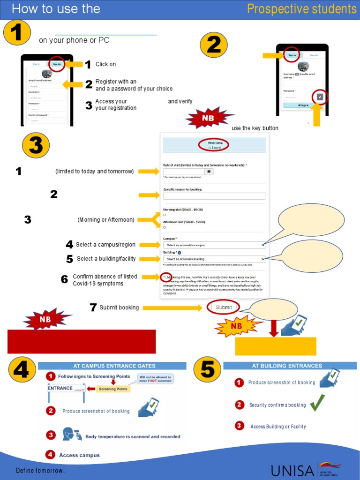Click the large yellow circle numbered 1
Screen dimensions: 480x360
(x=17, y=34)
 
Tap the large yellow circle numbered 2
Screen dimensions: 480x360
(x=214, y=46)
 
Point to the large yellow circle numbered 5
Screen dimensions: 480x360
(x=208, y=370)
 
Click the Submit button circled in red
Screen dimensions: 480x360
(x=224, y=307)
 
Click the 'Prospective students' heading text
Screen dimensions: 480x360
(x=301, y=9)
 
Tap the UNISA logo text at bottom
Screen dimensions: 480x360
(x=293, y=470)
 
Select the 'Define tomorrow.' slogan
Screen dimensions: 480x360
(x=40, y=470)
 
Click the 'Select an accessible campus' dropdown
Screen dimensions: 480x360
(x=214, y=245)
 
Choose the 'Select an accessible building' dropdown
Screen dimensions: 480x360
(x=214, y=259)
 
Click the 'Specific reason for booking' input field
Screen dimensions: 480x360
(x=214, y=196)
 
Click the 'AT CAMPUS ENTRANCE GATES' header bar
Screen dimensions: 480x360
(x=112, y=366)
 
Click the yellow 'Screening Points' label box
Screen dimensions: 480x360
(x=113, y=389)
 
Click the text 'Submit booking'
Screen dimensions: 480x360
(x=119, y=307)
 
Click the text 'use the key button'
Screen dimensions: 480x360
(x=255, y=128)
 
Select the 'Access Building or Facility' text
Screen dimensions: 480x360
(x=278, y=427)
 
